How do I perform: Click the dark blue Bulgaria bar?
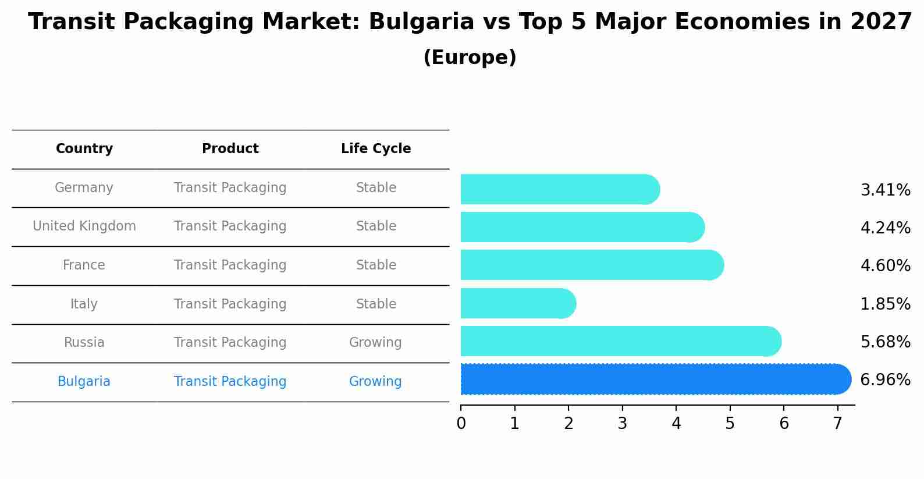coord(652,379)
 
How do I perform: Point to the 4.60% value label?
coord(885,266)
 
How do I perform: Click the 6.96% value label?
coord(885,380)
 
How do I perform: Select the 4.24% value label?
coord(885,228)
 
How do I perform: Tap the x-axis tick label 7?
coord(837,424)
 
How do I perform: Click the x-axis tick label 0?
coord(461,424)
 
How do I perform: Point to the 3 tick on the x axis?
coord(622,424)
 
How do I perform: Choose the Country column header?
coord(84,149)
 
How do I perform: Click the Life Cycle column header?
coord(376,149)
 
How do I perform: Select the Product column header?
coord(230,149)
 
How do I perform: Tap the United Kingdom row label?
coord(84,226)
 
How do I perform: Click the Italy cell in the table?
coord(84,304)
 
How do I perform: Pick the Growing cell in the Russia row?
coord(375,342)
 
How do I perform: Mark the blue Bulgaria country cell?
coord(84,382)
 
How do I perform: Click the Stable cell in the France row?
coord(376,265)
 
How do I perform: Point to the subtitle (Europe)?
coord(470,58)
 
